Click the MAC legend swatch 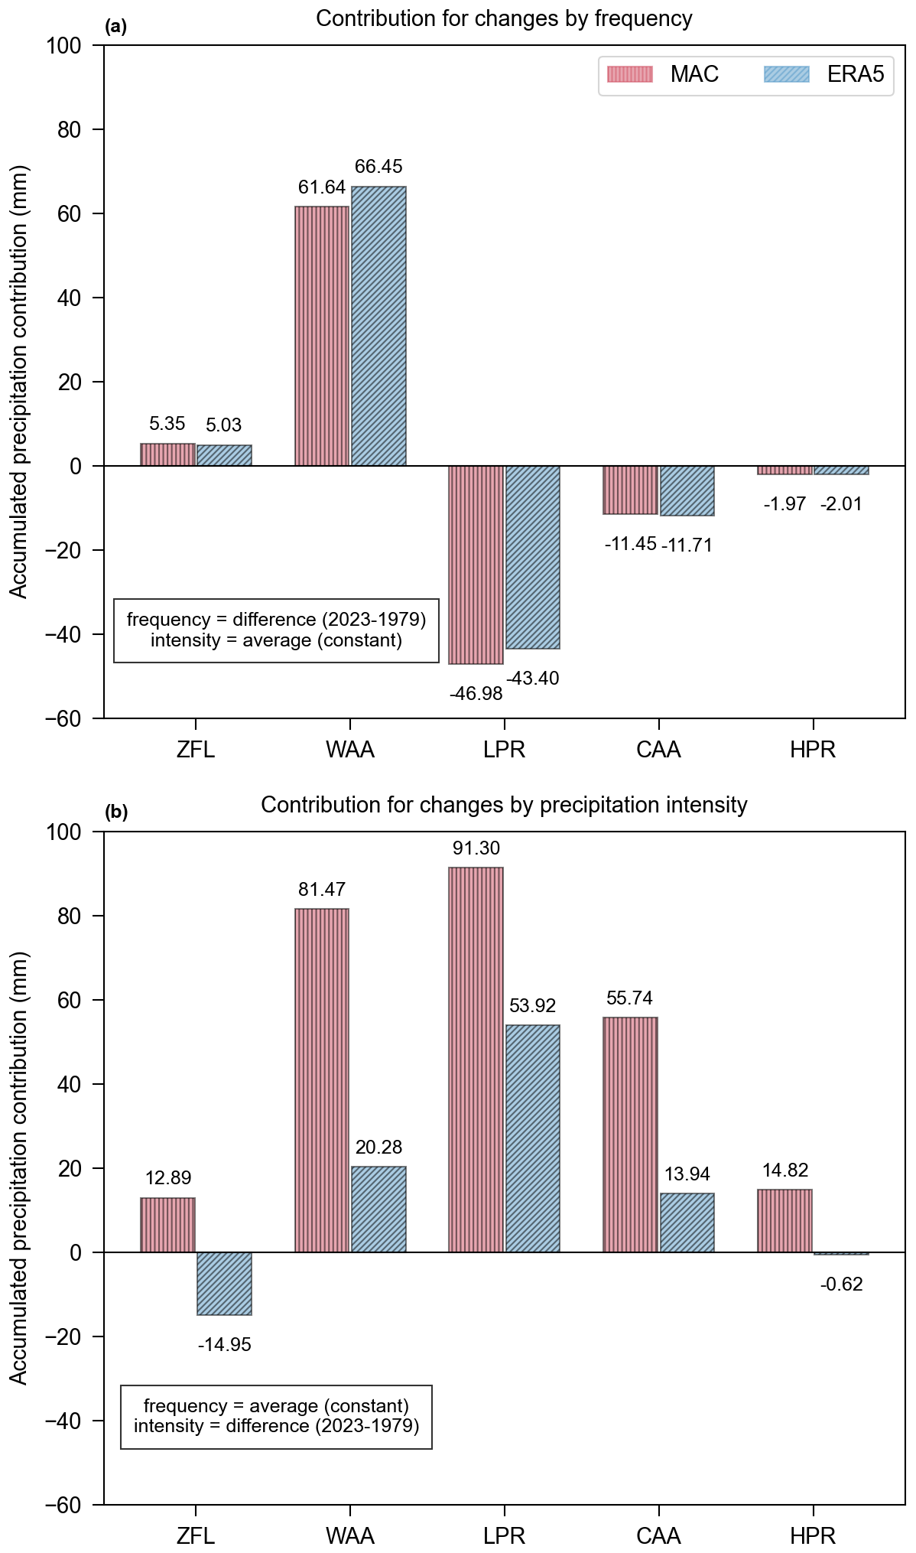[x=629, y=74]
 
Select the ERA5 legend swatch [x=786, y=74]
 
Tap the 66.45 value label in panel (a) [x=378, y=167]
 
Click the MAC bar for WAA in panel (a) [x=322, y=336]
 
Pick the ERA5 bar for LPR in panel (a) [x=533, y=557]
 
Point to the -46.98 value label [x=476, y=694]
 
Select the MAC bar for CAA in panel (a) [x=630, y=490]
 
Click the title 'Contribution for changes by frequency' [x=504, y=18]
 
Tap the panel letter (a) [x=115, y=28]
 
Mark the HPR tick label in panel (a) [x=813, y=750]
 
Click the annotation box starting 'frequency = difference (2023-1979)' [x=276, y=630]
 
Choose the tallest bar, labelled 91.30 [x=476, y=1060]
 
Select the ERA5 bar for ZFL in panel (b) [x=224, y=1283]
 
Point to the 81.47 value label [x=322, y=890]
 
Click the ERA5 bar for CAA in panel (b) [x=687, y=1223]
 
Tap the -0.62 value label [x=841, y=1284]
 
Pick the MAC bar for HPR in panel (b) [x=784, y=1220]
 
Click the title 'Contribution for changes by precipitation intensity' [x=504, y=805]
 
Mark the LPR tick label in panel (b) [x=504, y=1536]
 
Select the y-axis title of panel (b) [x=18, y=1168]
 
